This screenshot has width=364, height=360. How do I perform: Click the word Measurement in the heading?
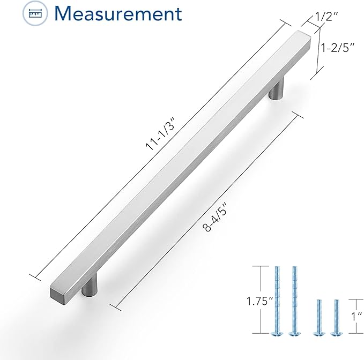(x=118, y=13)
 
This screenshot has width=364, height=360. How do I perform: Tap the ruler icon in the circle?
(x=35, y=13)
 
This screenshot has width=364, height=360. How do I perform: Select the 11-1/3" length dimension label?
(x=159, y=134)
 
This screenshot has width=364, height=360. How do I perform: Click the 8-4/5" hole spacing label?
(x=214, y=217)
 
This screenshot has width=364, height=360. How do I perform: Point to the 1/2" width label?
(x=326, y=17)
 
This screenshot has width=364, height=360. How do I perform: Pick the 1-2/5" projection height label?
(x=338, y=48)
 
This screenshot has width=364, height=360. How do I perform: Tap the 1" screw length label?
(x=356, y=316)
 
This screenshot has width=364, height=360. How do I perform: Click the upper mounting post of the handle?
(x=276, y=89)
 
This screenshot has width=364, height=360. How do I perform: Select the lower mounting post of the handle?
(x=90, y=286)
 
